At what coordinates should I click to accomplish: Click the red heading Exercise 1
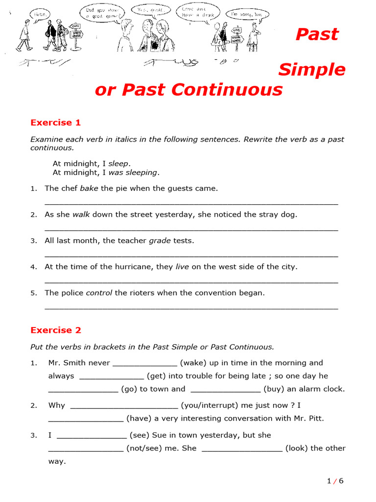[x=55, y=123]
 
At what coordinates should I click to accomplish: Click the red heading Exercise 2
[x=55, y=330]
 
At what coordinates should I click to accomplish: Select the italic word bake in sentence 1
[x=89, y=188]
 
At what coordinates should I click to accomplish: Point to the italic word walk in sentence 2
[x=81, y=214]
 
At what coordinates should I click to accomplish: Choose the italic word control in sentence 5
[x=99, y=293]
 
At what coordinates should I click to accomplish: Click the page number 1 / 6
[x=335, y=481]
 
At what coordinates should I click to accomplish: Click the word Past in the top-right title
[x=317, y=34]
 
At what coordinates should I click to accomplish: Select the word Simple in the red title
[x=312, y=70]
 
